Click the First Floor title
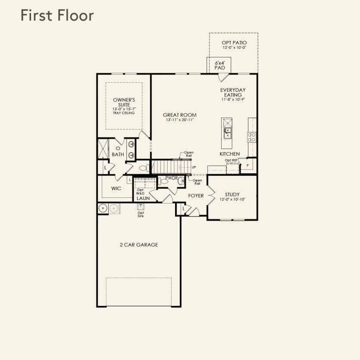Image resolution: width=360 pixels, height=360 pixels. click(57, 16)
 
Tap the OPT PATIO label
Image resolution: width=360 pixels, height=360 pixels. click(234, 43)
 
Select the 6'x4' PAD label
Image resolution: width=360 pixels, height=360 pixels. click(220, 65)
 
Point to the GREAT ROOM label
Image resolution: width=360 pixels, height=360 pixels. click(180, 115)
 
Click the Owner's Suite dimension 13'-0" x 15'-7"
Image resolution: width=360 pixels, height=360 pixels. click(124, 109)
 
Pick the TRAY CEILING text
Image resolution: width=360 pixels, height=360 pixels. click(124, 113)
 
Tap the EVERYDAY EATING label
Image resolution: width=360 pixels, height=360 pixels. click(233, 92)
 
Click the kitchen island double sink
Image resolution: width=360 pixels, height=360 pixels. click(227, 133)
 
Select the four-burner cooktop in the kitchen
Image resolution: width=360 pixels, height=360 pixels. click(251, 137)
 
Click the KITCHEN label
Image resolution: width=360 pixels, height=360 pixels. click(230, 154)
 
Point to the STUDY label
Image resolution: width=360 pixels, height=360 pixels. click(232, 194)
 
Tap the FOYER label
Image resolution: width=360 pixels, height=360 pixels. click(196, 196)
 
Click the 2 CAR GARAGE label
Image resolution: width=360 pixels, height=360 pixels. click(139, 245)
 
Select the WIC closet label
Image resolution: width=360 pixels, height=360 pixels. click(116, 188)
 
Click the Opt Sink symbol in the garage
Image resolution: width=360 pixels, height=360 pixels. click(141, 207)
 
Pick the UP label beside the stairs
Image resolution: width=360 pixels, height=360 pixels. click(194, 167)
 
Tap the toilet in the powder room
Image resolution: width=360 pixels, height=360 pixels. click(163, 182)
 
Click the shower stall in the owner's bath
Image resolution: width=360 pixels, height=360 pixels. click(103, 149)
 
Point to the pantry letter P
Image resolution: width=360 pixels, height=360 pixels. click(248, 166)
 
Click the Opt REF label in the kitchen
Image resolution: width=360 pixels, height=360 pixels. click(231, 160)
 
